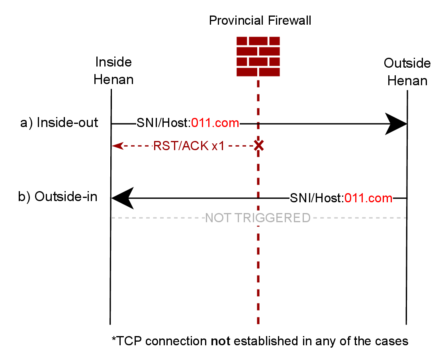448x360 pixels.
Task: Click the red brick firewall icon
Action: click(258, 56)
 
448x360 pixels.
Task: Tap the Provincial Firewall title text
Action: click(260, 20)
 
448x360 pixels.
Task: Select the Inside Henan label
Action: click(113, 71)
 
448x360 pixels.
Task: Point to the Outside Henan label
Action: click(407, 72)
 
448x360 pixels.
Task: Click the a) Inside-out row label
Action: click(59, 123)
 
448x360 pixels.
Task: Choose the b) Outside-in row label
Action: click(58, 197)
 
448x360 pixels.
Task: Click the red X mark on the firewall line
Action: click(258, 145)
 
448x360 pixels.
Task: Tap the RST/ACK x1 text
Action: click(189, 146)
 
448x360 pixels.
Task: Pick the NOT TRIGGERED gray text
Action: click(257, 218)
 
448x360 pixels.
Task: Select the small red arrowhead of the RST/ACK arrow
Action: click(116, 146)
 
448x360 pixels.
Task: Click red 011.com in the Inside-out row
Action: click(215, 123)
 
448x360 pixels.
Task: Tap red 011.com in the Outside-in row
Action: click(368, 198)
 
